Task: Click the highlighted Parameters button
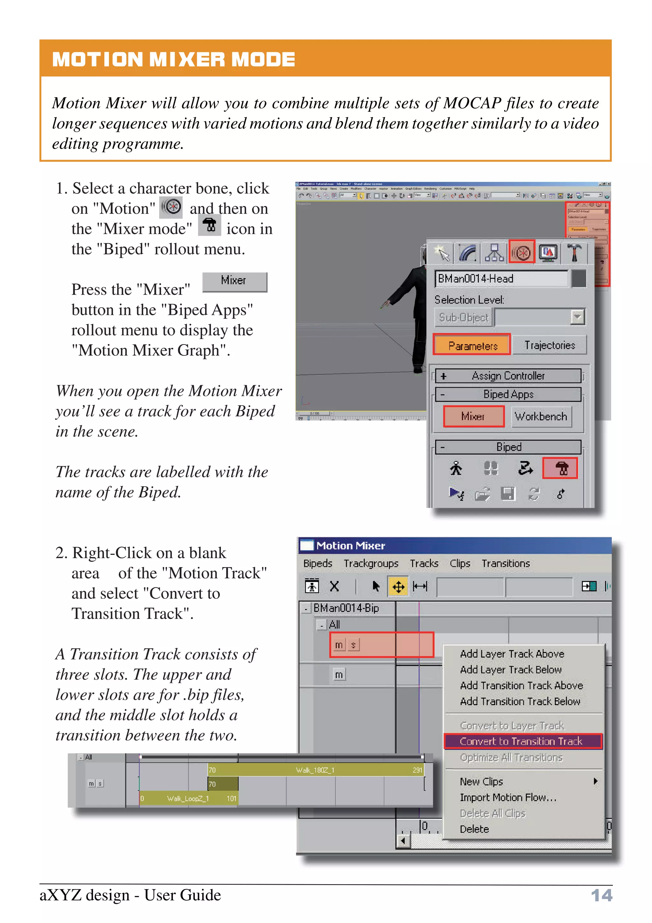click(472, 345)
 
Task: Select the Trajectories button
click(549, 345)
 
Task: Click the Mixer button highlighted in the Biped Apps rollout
click(473, 416)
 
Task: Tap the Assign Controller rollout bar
click(508, 376)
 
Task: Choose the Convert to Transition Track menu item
click(521, 741)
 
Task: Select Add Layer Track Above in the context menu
click(512, 654)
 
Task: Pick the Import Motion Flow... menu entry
click(508, 797)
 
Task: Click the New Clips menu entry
click(481, 781)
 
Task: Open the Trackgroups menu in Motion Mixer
click(371, 563)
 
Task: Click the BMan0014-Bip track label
click(346, 608)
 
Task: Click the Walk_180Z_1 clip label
click(315, 770)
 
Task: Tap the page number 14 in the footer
click(601, 895)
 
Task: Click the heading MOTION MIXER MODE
click(174, 60)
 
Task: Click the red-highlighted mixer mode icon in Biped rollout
click(560, 468)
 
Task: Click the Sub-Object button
click(463, 318)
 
